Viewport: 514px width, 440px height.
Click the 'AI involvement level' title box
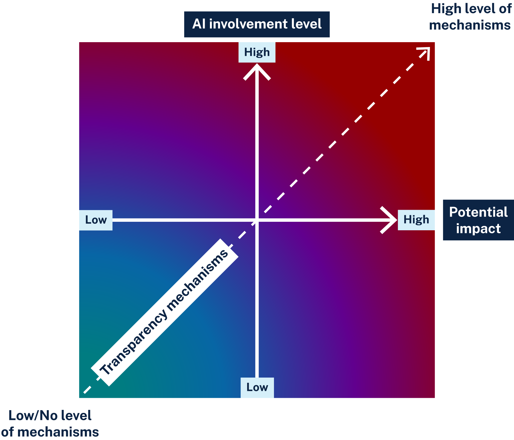pyautogui.click(x=257, y=24)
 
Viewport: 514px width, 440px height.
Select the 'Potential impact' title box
pyautogui.click(x=478, y=220)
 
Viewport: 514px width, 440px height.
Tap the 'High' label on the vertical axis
pyautogui.click(x=257, y=52)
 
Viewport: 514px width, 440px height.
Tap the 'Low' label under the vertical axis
pyautogui.click(x=257, y=387)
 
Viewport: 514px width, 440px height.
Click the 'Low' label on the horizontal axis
pyautogui.click(x=96, y=220)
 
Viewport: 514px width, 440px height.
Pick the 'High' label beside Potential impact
pyautogui.click(x=416, y=220)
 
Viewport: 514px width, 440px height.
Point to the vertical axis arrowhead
pyautogui.click(x=257, y=70)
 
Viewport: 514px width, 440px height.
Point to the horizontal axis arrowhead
pyautogui.click(x=390, y=220)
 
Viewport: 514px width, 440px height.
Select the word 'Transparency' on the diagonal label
pyautogui.click(x=134, y=342)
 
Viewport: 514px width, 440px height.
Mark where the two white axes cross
pyautogui.click(x=257, y=220)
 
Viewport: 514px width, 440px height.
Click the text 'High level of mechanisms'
pyautogui.click(x=470, y=17)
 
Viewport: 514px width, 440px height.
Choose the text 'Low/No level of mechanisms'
pyautogui.click(x=50, y=424)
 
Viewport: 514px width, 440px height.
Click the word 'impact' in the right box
pyautogui.click(x=478, y=229)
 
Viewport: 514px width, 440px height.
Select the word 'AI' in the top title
pyautogui.click(x=199, y=24)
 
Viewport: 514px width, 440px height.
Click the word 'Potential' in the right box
pyautogui.click(x=478, y=212)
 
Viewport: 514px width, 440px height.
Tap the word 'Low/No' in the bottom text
pyautogui.click(x=32, y=416)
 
